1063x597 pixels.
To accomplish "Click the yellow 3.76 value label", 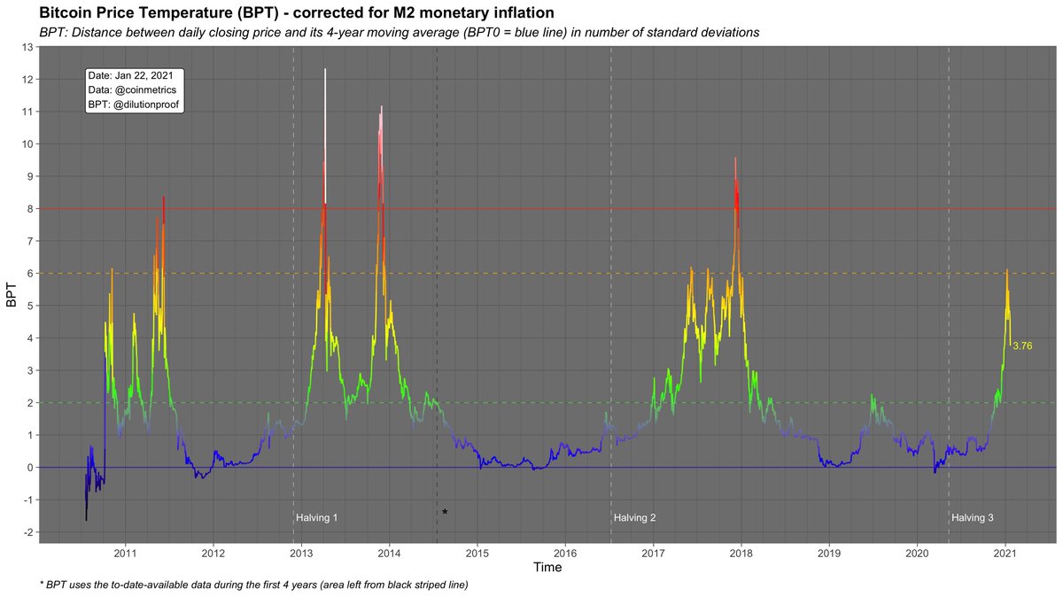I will coord(1022,345).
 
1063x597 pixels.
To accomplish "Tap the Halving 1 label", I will coord(316,517).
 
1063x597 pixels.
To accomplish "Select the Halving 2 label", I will coord(634,517).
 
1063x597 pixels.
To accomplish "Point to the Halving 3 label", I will coord(972,517).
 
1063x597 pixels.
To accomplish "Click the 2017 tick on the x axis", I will coord(653,553).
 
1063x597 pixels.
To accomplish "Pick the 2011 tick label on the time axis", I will coord(125,553).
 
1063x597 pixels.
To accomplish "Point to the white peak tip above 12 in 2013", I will coord(325,69).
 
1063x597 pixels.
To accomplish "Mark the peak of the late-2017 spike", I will coord(735,159).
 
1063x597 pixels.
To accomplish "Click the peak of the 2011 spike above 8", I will coord(164,198).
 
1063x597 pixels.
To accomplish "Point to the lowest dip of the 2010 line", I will coord(86,520).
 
